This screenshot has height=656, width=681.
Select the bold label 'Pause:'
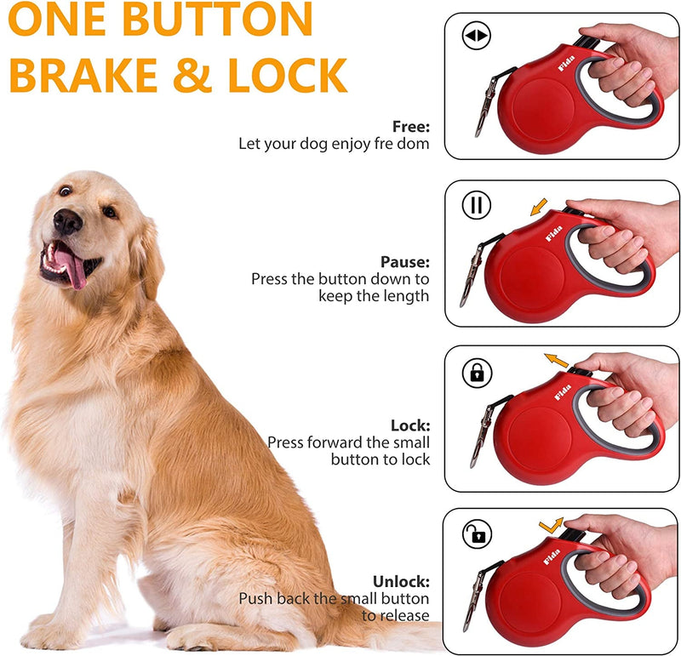[x=405, y=262]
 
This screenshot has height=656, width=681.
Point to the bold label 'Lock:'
[x=410, y=425]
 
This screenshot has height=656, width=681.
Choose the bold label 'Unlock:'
[x=401, y=582]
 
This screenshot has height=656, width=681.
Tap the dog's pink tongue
[x=74, y=271]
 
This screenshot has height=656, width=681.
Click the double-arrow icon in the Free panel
[x=476, y=37]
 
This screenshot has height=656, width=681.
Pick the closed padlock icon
[x=477, y=372]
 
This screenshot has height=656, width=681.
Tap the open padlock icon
[x=477, y=534]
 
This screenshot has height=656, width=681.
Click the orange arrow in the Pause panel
[x=537, y=207]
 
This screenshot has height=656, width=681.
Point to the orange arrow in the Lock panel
[x=557, y=362]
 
